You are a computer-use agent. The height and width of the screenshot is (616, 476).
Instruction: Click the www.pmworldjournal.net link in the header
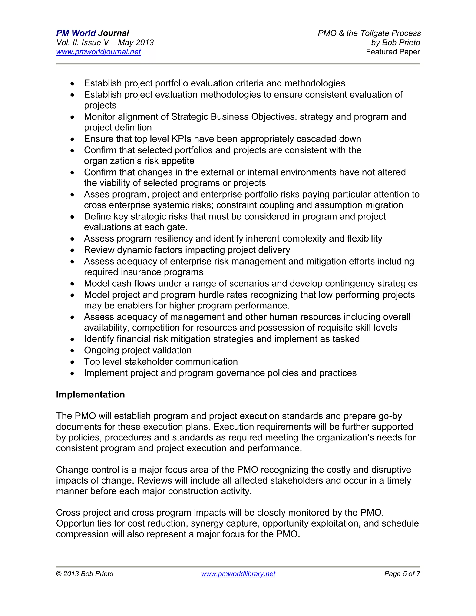click(98, 52)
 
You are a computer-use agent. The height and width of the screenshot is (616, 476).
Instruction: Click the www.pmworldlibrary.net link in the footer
click(238, 574)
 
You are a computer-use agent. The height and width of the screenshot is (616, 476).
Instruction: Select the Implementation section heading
click(90, 394)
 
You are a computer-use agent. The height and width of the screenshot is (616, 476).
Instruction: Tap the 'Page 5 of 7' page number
click(402, 574)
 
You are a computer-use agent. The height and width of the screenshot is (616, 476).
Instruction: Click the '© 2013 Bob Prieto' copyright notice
click(85, 574)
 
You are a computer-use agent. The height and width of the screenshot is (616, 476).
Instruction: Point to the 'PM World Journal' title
click(93, 33)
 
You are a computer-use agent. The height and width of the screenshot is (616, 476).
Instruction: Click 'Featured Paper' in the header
click(393, 52)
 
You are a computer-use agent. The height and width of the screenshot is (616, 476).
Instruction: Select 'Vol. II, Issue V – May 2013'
click(105, 43)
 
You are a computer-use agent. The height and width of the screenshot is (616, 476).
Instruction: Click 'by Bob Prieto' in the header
click(395, 43)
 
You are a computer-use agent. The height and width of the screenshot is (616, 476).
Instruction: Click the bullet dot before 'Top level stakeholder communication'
click(73, 362)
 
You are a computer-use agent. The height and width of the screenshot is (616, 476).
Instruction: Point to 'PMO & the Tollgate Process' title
click(369, 33)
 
